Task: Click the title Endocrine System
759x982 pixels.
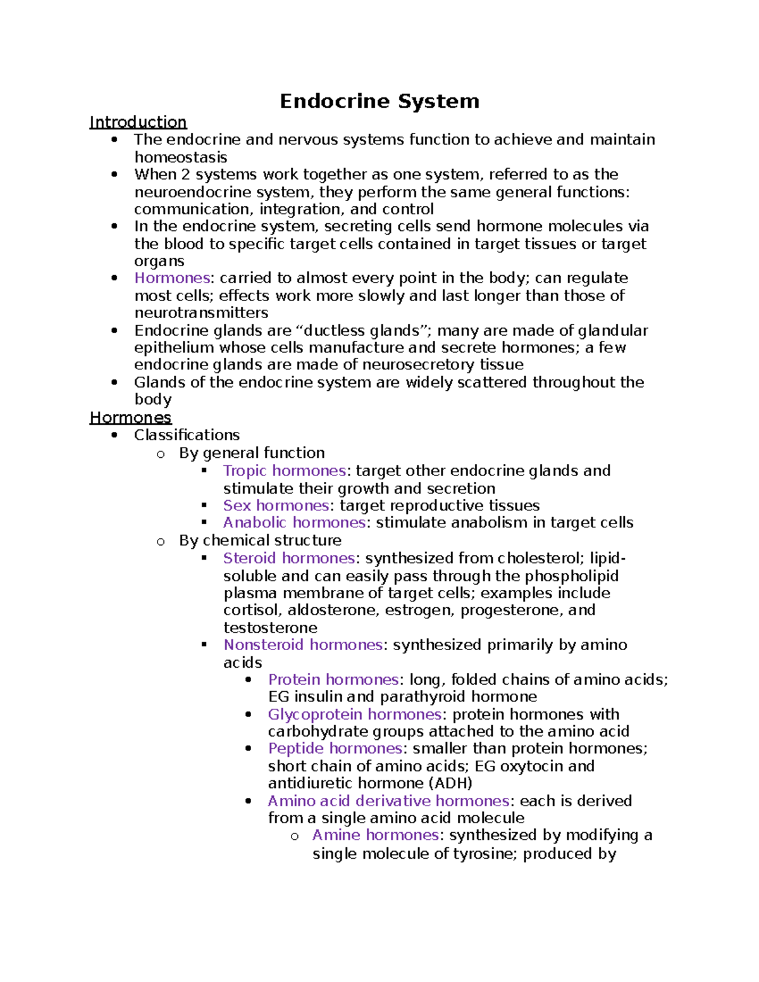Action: point(379,101)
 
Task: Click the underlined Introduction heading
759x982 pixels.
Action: point(138,122)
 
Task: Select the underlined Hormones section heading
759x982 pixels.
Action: point(130,417)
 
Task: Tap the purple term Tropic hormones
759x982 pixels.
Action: point(284,470)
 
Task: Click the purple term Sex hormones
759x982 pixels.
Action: point(276,505)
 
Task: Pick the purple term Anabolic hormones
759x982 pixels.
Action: point(294,522)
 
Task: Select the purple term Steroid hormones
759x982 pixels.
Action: point(289,558)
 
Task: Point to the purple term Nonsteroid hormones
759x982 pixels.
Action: point(303,644)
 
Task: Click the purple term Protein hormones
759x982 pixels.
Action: point(333,679)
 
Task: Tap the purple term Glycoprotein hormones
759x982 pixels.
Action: point(354,714)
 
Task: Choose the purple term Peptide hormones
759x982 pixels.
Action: point(335,749)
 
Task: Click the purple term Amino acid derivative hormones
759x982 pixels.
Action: point(388,801)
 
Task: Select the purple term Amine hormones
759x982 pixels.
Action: point(376,835)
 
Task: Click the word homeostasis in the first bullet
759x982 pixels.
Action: point(181,157)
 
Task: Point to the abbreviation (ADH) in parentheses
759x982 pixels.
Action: point(450,783)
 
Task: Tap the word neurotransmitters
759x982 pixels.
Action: point(201,312)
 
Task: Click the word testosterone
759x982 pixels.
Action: point(270,627)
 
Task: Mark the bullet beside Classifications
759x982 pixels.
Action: point(114,435)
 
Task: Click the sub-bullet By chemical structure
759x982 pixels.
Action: point(260,540)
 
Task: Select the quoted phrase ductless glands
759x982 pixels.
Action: point(362,330)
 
